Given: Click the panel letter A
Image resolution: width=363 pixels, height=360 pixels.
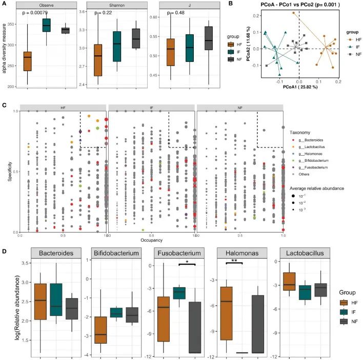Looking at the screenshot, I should (x=4, y=4).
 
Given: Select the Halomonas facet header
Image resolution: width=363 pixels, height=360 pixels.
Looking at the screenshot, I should (x=239, y=255).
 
